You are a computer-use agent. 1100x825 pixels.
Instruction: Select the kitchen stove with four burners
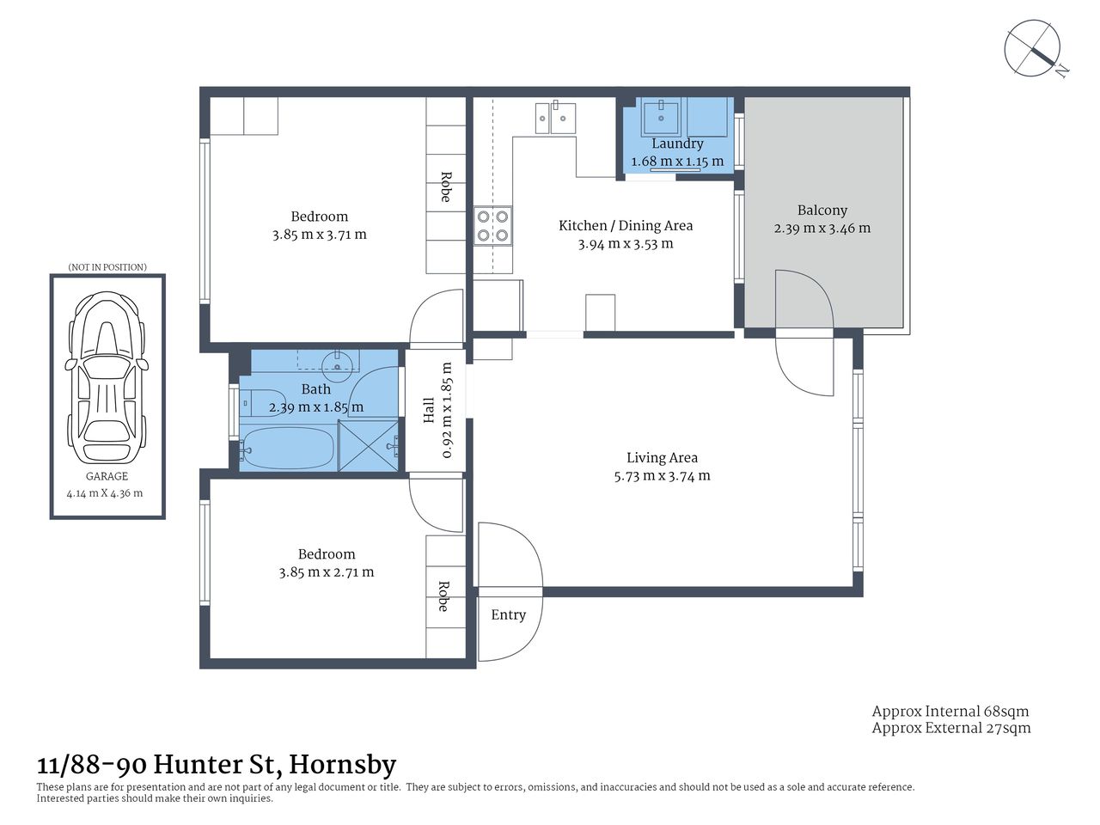tap(492, 226)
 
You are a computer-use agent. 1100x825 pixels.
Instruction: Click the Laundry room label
tap(677, 144)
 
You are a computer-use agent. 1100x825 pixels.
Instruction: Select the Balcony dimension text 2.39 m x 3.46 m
tap(822, 229)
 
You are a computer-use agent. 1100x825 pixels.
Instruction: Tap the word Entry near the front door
tap(508, 614)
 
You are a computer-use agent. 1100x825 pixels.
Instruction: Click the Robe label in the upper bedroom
tap(445, 187)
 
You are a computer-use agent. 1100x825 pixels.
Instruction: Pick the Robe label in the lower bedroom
tap(443, 596)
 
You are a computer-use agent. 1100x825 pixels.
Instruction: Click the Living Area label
tap(662, 458)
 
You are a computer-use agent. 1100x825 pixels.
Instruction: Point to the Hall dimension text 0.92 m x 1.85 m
tap(447, 410)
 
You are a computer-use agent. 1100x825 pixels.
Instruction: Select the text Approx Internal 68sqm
tap(950, 711)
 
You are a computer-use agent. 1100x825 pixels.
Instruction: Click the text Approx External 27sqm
tap(950, 728)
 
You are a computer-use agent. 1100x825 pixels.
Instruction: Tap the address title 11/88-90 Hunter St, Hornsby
tap(217, 764)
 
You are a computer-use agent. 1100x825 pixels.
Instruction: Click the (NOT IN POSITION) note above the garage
tap(107, 267)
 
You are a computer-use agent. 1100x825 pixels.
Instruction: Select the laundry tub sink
tap(661, 113)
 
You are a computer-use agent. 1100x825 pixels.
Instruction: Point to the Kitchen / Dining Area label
tap(625, 225)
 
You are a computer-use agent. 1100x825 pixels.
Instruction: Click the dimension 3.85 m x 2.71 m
tap(326, 572)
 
